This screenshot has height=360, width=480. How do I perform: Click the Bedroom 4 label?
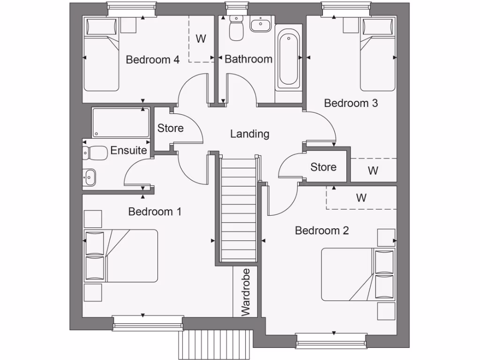tap(153, 60)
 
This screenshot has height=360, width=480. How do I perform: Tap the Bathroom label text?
tap(248, 59)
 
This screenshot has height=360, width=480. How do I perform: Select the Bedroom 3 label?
tap(351, 103)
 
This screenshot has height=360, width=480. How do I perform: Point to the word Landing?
tap(250, 134)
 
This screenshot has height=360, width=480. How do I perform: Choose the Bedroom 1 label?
tap(155, 212)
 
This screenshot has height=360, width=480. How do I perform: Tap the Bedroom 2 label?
tap(322, 231)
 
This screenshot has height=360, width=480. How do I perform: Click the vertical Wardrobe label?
tap(245, 292)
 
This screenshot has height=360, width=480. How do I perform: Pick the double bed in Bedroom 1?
tap(120, 256)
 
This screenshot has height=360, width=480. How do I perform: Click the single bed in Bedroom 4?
tap(101, 55)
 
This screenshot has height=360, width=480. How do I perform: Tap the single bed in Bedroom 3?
tap(378, 55)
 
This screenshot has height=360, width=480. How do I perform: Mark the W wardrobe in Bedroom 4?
tap(201, 39)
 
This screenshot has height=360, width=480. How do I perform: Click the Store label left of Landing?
tap(170, 128)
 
